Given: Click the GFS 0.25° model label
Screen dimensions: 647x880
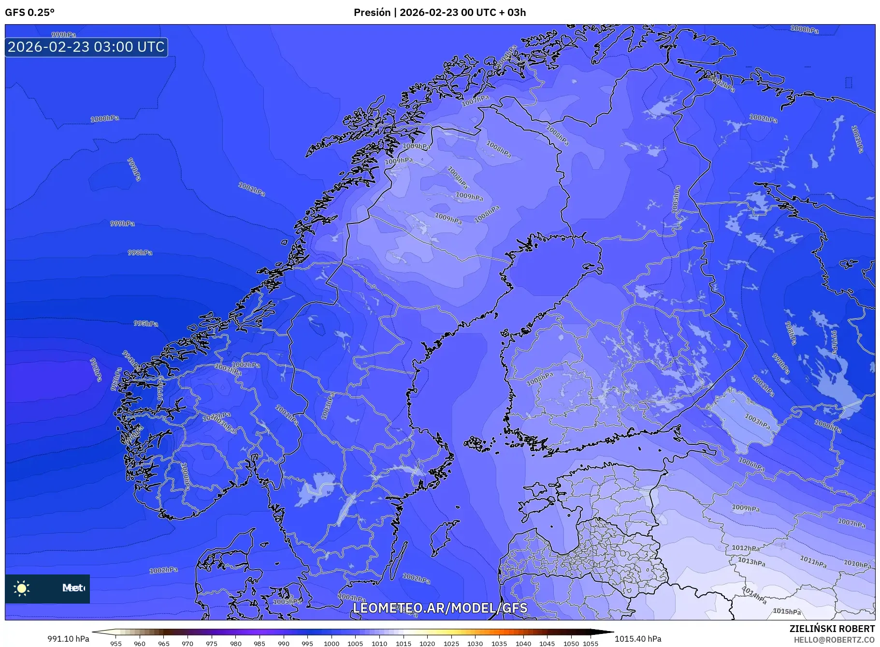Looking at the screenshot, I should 29,13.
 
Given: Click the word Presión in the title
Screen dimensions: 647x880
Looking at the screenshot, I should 372,13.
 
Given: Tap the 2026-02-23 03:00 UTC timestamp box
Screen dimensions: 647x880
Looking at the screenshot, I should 86,47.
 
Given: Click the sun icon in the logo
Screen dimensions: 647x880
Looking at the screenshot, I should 22,588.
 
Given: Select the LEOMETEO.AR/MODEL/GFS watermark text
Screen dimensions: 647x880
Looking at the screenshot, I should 440,608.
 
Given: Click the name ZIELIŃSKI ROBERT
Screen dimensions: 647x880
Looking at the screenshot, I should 832,629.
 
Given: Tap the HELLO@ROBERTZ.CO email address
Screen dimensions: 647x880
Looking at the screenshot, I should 834,640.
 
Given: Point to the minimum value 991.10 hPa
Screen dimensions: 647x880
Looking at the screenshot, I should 68,639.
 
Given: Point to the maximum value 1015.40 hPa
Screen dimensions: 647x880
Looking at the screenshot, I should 638,639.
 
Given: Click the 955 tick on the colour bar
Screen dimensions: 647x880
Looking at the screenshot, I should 115,644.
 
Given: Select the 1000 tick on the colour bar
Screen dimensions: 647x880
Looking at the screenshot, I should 331,644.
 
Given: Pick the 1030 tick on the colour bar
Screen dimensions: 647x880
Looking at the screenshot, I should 475,644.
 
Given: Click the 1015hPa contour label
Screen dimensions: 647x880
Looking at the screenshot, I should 786,612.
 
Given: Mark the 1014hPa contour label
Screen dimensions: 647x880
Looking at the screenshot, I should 754,595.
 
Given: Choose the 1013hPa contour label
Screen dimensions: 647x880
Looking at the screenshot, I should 751,562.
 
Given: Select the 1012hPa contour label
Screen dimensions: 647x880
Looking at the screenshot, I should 745,548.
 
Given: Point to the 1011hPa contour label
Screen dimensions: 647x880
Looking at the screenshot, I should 813,562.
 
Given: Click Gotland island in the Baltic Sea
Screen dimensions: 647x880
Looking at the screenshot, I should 443,537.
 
